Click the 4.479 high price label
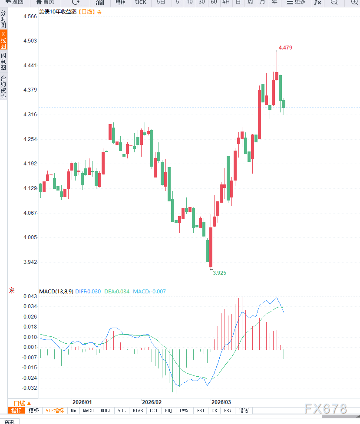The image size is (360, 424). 285,48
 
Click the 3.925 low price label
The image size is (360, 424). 219,273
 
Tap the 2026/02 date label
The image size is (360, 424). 152,402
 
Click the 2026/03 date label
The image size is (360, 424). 221,402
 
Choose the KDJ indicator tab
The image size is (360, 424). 168,411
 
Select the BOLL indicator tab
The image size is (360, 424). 106,411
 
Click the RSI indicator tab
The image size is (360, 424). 201,411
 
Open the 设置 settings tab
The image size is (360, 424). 244,411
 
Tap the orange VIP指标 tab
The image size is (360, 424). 55,411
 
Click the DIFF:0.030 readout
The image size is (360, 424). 88,292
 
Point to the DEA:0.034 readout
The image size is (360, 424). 117,292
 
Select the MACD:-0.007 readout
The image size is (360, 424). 149,292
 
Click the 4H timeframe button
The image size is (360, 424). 226,2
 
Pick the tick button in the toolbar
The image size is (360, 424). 141,2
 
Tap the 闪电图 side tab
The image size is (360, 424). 3,62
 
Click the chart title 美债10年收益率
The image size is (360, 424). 58,12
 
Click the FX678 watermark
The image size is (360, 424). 326,409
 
